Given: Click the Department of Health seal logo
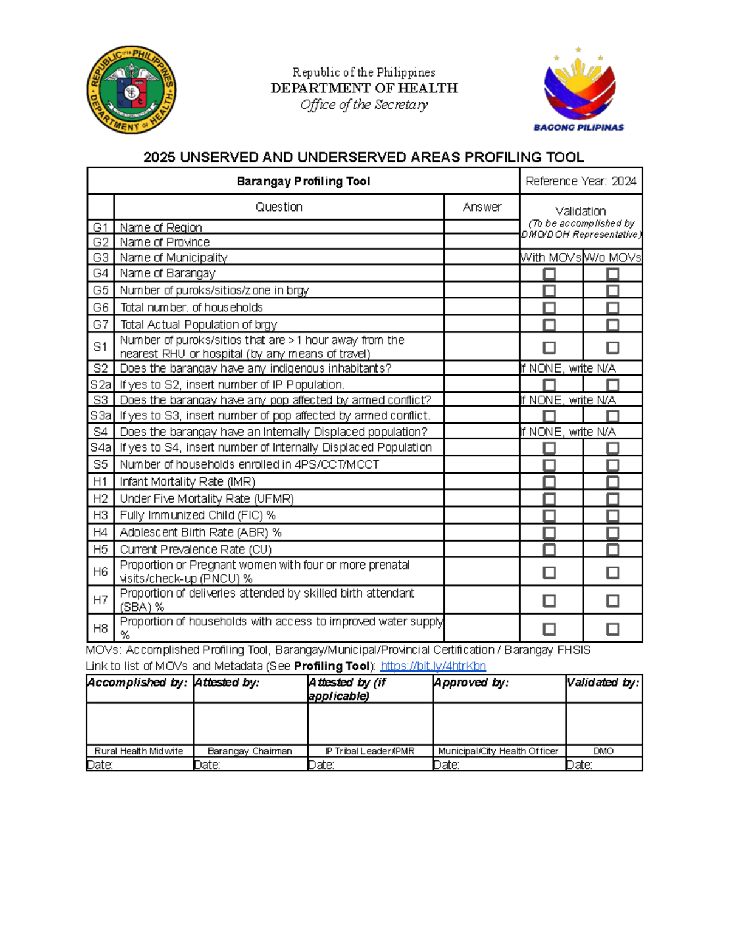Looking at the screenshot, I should (131, 90).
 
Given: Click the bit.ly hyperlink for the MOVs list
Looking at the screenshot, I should (433, 666).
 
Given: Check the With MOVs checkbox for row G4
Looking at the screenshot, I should (549, 274).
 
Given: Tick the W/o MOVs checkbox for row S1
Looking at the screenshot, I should (612, 348).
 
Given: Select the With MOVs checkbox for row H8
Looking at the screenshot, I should (549, 629).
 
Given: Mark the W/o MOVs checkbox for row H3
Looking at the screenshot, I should (612, 515).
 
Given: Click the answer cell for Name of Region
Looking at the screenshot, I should (481, 227).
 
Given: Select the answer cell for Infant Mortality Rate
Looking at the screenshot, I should (481, 481).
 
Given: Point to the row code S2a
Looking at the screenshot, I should (101, 385).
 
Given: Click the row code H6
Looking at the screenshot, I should (101, 571).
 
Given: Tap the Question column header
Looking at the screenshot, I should (279, 207).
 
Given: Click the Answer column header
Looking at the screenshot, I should (482, 207).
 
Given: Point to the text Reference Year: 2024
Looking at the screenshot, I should (581, 181).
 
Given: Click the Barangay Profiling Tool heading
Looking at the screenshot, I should (303, 181).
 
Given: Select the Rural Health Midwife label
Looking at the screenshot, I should (139, 751).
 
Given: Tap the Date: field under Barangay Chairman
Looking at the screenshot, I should (250, 765).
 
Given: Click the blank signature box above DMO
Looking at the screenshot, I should (604, 723).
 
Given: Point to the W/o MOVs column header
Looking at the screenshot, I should (612, 258).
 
